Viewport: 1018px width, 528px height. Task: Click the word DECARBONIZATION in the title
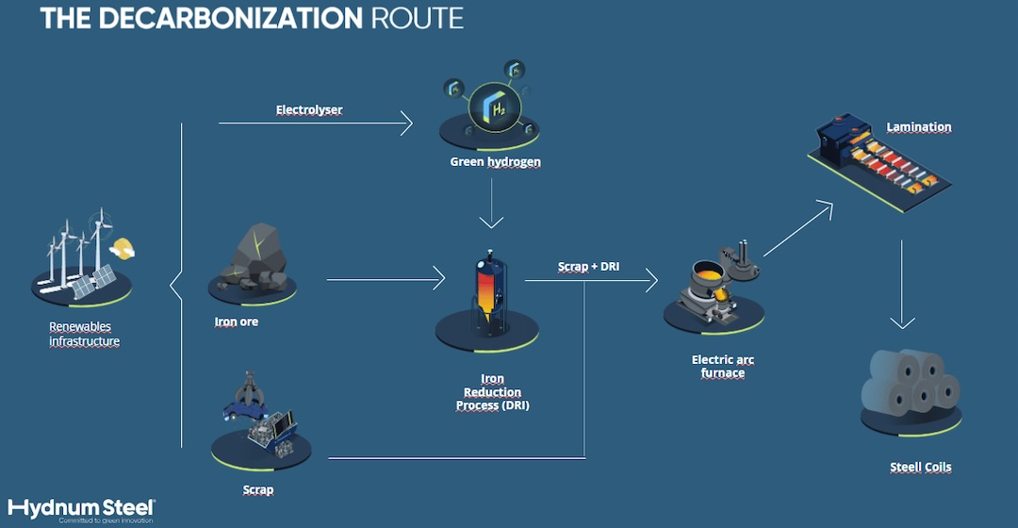pos(231,18)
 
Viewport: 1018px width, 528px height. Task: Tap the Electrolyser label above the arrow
pos(309,109)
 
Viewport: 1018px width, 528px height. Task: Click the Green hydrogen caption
pos(496,162)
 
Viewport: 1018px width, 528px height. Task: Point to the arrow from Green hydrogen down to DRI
pos(491,204)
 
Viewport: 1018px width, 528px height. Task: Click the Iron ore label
pos(237,322)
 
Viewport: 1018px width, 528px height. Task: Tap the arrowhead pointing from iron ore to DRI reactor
pos(439,279)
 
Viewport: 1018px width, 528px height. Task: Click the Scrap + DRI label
pos(589,266)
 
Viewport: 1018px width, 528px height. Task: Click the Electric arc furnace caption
pos(723,366)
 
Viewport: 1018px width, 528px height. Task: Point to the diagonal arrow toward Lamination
pos(798,228)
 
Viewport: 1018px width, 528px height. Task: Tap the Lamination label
pos(919,126)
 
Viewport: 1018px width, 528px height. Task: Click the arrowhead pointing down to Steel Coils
pos(902,321)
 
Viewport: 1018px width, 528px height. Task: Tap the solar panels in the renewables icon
pos(92,282)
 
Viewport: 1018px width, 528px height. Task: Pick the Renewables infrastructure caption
pos(85,334)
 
